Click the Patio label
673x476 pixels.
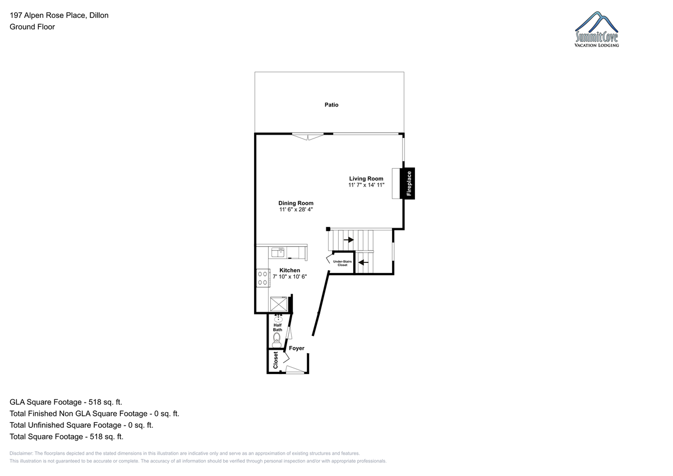[331, 105]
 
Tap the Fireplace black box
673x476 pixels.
[407, 183]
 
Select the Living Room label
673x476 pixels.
[366, 179]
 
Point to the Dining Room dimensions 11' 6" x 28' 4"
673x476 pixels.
[296, 210]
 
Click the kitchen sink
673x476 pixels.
[278, 252]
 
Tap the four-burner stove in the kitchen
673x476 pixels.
[262, 278]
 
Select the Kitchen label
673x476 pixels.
[289, 270]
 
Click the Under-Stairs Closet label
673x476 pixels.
[343, 263]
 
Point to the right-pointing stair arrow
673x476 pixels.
[349, 240]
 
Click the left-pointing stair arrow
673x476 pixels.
[363, 262]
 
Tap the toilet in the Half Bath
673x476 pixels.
[276, 340]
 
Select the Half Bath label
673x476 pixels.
[278, 327]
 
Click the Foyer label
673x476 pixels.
[297, 348]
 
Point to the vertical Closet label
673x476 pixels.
[275, 360]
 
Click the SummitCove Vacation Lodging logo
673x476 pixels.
[597, 29]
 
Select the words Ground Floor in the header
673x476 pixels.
[32, 27]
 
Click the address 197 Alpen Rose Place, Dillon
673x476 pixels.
[59, 15]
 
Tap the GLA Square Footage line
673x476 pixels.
[66, 402]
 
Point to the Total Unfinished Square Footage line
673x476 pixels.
[81, 425]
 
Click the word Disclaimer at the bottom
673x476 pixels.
[21, 454]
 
